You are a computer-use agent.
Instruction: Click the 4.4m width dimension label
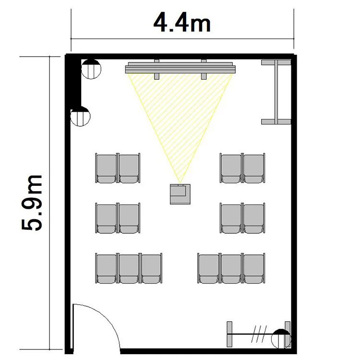[182, 24]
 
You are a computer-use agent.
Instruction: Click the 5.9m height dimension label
[32, 203]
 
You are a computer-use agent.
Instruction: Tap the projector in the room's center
[180, 194]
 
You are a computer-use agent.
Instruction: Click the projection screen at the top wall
[180, 68]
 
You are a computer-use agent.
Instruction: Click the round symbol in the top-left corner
[91, 69]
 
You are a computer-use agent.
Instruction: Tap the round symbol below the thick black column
[80, 116]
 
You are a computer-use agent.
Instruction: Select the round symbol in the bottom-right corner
[281, 339]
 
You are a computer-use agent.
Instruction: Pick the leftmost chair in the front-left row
[106, 168]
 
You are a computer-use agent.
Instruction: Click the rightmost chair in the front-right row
[254, 168]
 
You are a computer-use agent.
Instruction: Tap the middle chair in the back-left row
[129, 268]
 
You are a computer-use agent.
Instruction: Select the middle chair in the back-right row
[231, 268]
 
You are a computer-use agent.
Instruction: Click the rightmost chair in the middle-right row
[254, 218]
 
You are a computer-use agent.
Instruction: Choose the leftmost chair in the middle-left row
[106, 218]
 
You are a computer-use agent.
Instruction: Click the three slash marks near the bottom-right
[259, 334]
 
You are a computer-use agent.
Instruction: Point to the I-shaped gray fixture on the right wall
[276, 92]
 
